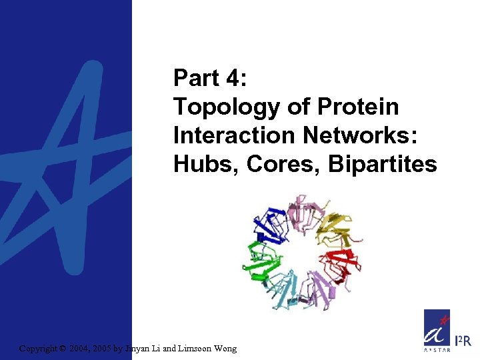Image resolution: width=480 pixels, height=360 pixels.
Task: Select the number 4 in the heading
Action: pyautogui.click(x=233, y=79)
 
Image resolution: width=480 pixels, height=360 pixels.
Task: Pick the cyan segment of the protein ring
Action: pyautogui.click(x=287, y=293)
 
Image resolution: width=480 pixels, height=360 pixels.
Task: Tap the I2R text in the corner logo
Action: pyautogui.click(x=462, y=341)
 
